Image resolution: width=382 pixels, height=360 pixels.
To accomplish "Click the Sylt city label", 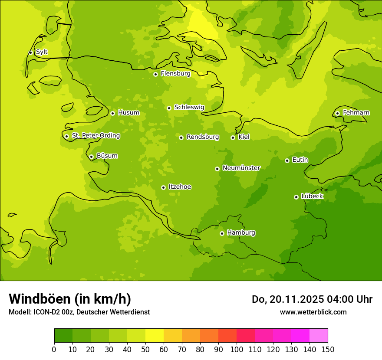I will point(42,52).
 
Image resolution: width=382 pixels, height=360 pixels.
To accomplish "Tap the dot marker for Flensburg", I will point(155,74).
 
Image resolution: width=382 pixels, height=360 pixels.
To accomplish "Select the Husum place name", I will point(128,113).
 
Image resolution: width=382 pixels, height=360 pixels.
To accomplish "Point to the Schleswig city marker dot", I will point(169,108).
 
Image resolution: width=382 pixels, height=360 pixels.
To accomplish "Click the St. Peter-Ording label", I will point(96,136).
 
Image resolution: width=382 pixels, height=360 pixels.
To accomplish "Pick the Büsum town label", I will point(107,156).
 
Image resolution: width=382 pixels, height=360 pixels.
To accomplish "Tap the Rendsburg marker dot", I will point(181,137).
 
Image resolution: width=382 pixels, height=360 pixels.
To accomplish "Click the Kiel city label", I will point(244,137).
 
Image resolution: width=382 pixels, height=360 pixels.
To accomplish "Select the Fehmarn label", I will point(356,113).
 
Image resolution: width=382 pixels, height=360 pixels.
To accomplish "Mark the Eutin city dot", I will point(287,160).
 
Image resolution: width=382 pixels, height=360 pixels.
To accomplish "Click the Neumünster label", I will point(241,168).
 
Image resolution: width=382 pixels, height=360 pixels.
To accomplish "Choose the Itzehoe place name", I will point(180,187).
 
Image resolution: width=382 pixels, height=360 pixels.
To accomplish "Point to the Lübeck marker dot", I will point(296,197).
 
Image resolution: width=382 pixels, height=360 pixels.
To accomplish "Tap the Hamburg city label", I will point(241,232).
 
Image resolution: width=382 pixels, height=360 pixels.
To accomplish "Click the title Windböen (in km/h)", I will point(70,299).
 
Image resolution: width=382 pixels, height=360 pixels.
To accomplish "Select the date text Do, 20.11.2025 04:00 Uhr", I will point(312,299).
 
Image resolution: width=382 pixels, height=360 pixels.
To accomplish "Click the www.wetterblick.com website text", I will point(313,312).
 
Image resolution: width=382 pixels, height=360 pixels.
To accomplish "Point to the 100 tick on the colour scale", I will point(237,349).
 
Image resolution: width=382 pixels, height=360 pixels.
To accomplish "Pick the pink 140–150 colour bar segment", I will point(318,336).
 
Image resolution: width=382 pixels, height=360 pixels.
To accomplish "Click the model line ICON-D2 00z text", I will point(79,312).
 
